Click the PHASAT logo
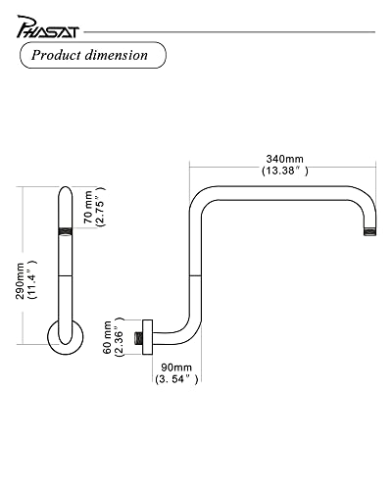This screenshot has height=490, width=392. coord(48,27)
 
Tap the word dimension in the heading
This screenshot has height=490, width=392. coord(117,55)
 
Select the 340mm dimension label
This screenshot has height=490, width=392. coord(284,159)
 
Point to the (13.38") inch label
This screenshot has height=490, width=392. coord(284,171)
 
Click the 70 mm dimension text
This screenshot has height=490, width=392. coord(88,207)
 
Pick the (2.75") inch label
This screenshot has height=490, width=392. coord(100,207)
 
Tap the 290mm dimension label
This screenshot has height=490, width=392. coord(20,280)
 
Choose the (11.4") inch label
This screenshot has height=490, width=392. coord(31,280)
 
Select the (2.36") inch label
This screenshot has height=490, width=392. coord(119,337)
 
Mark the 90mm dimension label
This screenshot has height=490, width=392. coord(176,367)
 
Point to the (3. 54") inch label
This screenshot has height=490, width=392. coord(176,379)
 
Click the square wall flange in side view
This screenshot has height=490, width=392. coord(148,337)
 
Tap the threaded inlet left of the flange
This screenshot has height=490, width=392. coord(138,337)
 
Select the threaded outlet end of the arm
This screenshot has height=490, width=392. coord(370,231)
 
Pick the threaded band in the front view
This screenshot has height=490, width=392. coord(66,231)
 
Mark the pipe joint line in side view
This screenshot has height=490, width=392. coord(195,276)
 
